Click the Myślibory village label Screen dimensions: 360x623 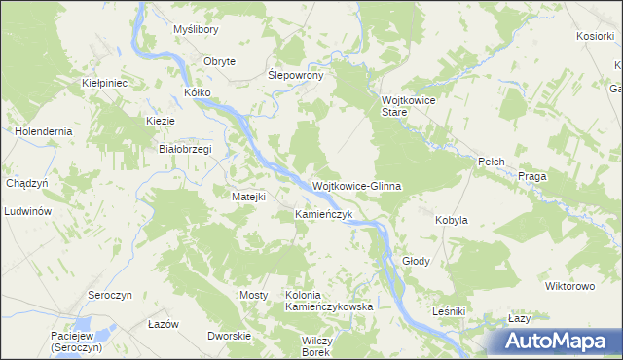click(x=195, y=31)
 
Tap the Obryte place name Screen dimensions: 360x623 click(x=219, y=61)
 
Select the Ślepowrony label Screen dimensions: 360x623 click(x=302, y=75)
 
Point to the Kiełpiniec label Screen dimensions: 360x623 click(x=105, y=84)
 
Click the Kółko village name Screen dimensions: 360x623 click(x=197, y=93)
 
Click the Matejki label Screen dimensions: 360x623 click(x=248, y=197)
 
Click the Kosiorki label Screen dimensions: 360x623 click(x=594, y=36)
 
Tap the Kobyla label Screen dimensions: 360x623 click(x=451, y=220)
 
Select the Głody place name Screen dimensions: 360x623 click(x=416, y=261)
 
